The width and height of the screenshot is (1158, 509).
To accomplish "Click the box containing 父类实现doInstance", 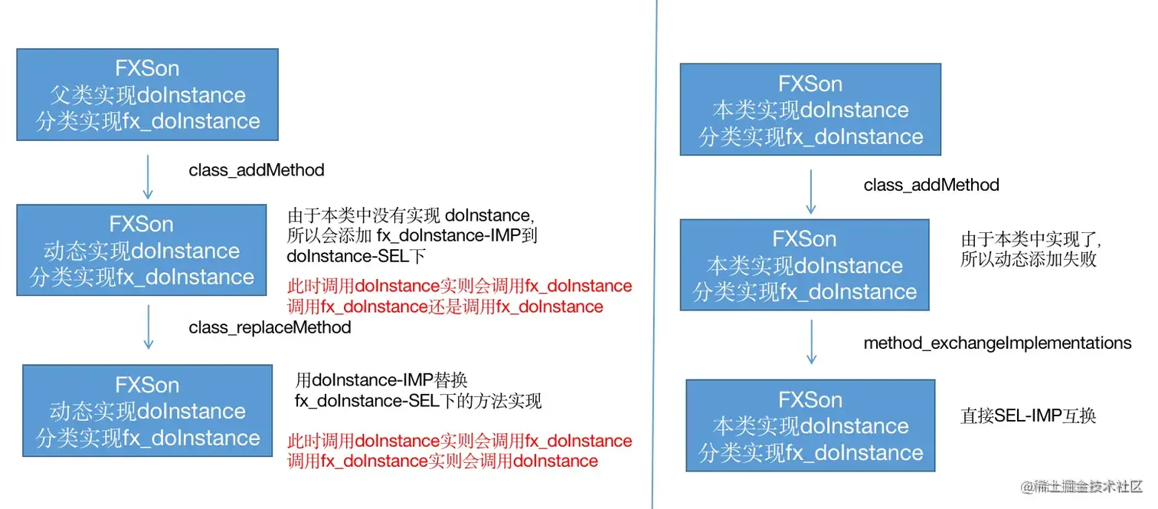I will click(x=147, y=95).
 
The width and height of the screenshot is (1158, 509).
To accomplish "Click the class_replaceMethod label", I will click(x=270, y=327).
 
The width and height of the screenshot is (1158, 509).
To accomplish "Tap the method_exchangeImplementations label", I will click(x=997, y=343).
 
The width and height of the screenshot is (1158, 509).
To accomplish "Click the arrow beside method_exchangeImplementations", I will click(x=811, y=343).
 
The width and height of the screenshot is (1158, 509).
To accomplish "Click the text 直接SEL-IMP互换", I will click(x=1028, y=415).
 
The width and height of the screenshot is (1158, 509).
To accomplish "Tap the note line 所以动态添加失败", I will click(x=1028, y=259).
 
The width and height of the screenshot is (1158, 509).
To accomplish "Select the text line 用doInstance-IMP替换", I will click(x=381, y=380).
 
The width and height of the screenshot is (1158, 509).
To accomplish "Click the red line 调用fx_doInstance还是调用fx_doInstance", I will click(x=444, y=307).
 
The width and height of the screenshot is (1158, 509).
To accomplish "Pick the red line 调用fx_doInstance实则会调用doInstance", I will click(x=442, y=461).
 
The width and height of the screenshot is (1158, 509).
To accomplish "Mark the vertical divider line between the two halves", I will click(x=654, y=253).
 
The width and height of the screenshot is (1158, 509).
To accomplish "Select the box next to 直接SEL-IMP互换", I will click(x=810, y=425).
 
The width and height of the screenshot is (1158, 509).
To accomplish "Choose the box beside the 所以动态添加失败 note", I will click(x=804, y=265).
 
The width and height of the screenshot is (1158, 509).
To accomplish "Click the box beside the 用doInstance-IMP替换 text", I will click(x=147, y=411).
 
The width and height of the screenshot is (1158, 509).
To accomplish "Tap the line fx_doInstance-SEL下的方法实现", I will click(x=417, y=401).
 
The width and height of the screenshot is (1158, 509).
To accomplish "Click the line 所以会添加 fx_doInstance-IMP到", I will click(x=407, y=235).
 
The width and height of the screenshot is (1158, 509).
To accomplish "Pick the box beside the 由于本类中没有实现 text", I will click(x=141, y=250).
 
